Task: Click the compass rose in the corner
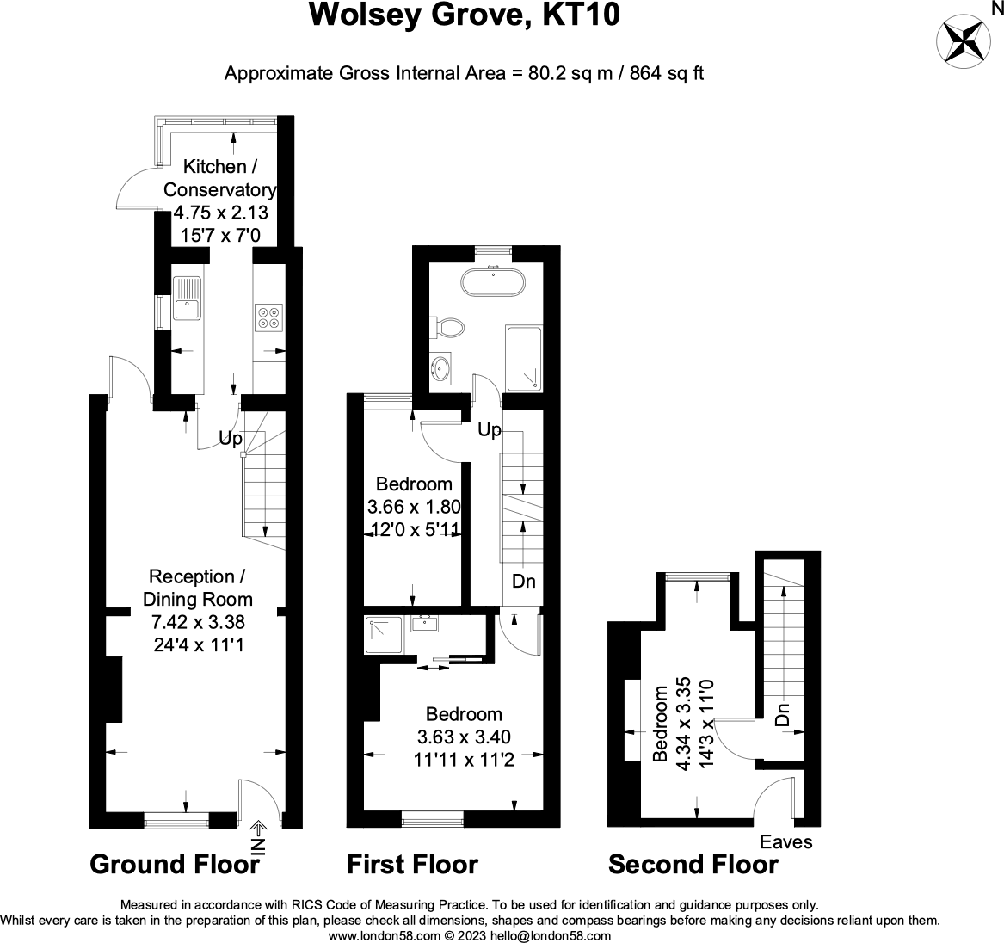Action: tap(963, 40)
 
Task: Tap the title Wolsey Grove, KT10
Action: tap(464, 15)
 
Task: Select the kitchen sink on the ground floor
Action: tap(186, 299)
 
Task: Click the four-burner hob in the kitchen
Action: tap(268, 317)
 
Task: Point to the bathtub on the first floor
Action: tap(494, 281)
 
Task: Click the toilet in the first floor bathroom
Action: tap(449, 328)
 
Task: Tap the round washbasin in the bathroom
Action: tap(441, 369)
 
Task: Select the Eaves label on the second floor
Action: tap(785, 841)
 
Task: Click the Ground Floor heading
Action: tap(175, 864)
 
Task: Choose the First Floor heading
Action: tap(412, 864)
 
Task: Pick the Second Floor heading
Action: tap(693, 864)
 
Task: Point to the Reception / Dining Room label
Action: tap(197, 588)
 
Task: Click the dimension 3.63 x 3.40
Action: tap(464, 737)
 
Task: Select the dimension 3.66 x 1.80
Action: tap(415, 508)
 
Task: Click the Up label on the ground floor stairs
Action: tap(230, 439)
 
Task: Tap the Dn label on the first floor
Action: tap(523, 582)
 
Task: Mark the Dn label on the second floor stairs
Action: tap(781, 714)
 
